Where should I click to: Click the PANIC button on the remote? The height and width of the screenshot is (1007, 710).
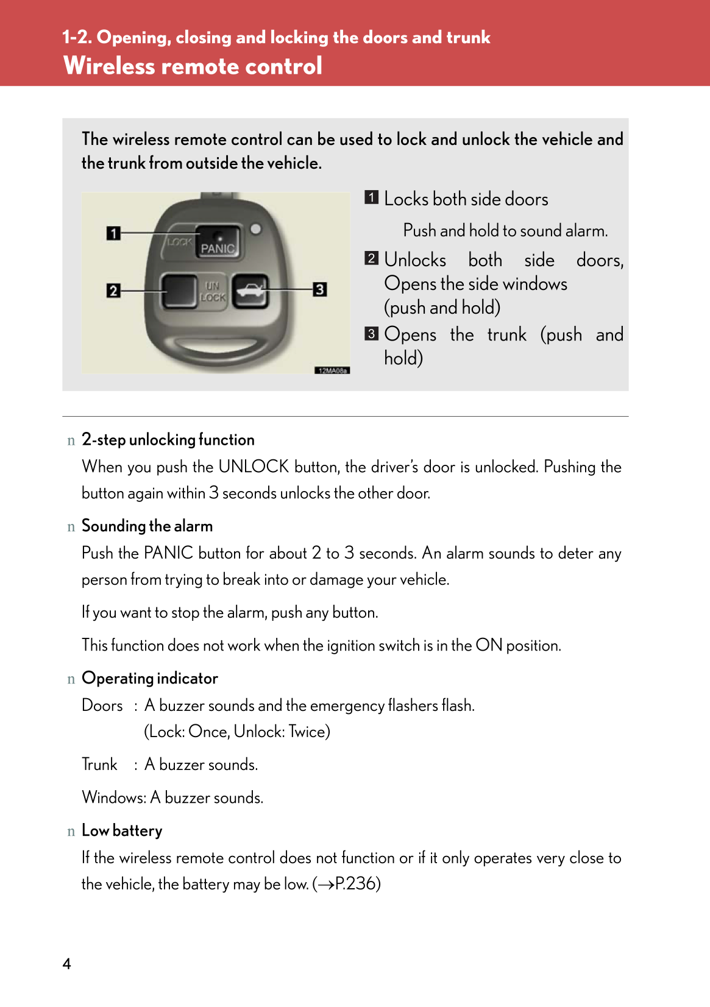tap(218, 241)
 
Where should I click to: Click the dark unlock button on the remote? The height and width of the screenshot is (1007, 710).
tap(178, 291)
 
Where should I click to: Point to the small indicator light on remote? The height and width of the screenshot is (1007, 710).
tap(256, 229)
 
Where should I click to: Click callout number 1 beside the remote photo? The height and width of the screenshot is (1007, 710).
tap(113, 233)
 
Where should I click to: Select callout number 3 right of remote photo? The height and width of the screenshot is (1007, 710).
tap(320, 289)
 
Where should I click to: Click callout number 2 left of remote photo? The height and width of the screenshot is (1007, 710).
tap(113, 291)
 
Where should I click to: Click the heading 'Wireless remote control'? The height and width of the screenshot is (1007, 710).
tap(193, 66)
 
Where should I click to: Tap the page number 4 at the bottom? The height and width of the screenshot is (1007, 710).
tap(66, 964)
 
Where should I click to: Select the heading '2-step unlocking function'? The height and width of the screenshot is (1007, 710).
tap(168, 440)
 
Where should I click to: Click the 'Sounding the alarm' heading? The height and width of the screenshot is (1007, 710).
tap(147, 526)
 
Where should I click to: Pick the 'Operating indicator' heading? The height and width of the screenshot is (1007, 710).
tap(150, 679)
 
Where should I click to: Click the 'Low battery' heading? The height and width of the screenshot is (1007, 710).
tap(122, 831)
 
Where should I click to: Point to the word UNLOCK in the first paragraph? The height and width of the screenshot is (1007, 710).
tap(254, 467)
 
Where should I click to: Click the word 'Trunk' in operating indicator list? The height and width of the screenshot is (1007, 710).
tap(99, 765)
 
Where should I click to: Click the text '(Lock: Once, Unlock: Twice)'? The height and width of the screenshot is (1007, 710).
tap(237, 732)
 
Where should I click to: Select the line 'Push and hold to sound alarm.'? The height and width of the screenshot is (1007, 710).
tap(505, 231)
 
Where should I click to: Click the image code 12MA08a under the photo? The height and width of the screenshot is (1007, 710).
tap(332, 370)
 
